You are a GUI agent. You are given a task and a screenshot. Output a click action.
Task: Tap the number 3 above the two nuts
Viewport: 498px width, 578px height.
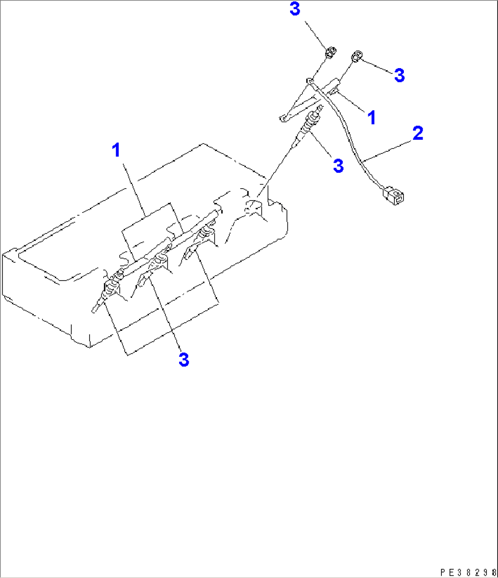coord(295,9)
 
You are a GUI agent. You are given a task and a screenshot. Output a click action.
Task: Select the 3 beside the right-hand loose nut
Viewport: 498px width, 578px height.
coord(399,75)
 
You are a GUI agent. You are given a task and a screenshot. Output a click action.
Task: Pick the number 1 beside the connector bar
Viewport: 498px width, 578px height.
coord(371,117)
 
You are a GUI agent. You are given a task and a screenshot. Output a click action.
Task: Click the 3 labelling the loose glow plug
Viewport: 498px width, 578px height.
coord(338,165)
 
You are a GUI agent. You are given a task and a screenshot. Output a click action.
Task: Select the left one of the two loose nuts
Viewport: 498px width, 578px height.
coord(330,52)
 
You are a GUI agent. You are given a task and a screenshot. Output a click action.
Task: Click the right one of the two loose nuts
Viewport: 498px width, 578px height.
coord(356,56)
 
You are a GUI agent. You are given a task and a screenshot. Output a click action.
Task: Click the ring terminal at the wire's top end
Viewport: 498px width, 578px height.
coord(309,81)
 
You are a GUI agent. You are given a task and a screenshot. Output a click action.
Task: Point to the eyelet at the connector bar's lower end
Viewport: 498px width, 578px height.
coord(283,119)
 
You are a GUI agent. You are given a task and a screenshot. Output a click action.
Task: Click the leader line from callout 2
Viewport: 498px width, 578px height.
coord(387,151)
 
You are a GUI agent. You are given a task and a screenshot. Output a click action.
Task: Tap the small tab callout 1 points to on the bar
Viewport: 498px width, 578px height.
coord(334,91)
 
